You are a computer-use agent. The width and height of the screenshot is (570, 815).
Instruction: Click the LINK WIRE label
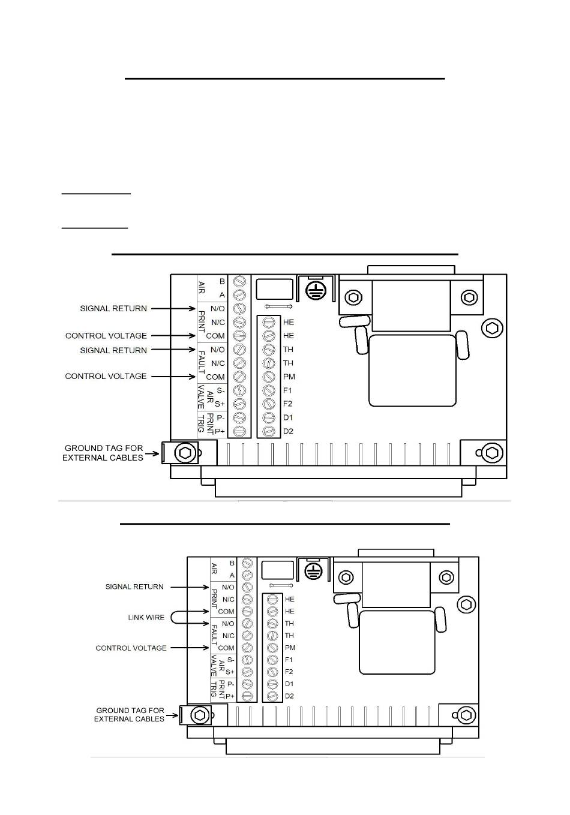146,617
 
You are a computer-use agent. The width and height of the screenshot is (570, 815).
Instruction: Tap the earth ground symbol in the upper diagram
314,291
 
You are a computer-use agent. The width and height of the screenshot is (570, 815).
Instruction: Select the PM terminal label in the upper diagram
289,377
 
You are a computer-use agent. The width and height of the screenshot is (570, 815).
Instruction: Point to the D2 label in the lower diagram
289,696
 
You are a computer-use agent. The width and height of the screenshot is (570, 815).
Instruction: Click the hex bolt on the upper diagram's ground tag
185,453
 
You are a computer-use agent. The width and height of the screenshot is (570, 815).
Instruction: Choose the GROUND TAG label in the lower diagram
130,714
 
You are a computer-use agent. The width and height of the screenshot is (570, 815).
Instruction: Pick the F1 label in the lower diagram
289,660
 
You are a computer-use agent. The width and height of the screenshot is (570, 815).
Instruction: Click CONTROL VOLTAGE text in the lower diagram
131,648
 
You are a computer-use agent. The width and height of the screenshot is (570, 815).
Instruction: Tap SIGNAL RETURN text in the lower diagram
134,587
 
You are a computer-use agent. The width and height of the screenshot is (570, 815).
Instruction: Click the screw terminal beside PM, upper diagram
269,377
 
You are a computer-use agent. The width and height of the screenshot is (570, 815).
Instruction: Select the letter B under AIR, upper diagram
222,281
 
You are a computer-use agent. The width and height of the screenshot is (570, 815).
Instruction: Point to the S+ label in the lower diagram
230,672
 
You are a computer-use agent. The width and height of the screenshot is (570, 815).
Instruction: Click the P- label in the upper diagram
220,417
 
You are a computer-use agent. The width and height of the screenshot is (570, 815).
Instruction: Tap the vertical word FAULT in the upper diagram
202,363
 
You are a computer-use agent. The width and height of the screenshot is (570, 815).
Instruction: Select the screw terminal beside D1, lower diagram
272,684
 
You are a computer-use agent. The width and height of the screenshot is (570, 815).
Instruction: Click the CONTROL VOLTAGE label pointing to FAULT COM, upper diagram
106,376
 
